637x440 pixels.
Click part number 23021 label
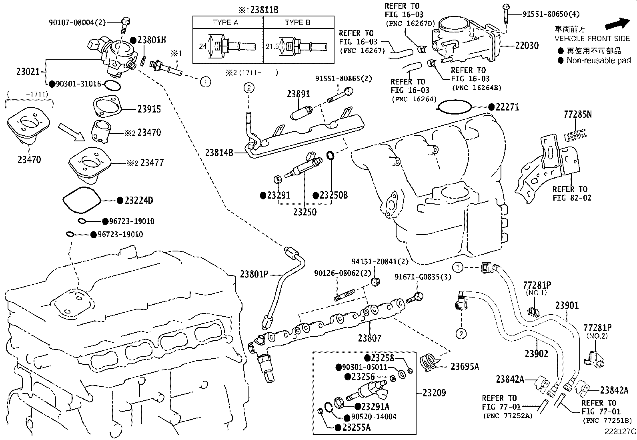pos(28,71)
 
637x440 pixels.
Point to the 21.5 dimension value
pos(272,46)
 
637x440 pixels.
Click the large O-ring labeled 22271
pos(455,107)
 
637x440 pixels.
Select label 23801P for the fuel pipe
pos(254,274)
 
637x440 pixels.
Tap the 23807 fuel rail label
pos(370,338)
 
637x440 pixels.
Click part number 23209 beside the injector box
pos(434,393)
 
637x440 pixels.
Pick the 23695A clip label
pos(465,366)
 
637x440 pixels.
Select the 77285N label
pos(577,115)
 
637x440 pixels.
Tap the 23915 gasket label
pos(149,109)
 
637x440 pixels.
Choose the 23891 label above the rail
pos(298,94)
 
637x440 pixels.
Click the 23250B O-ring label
pos(333,195)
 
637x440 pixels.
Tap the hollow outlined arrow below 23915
pos(72,132)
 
